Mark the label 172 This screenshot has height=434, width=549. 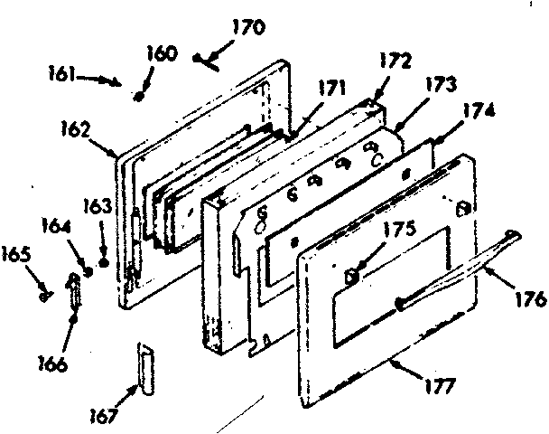395,62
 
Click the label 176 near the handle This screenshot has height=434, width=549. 531,297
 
